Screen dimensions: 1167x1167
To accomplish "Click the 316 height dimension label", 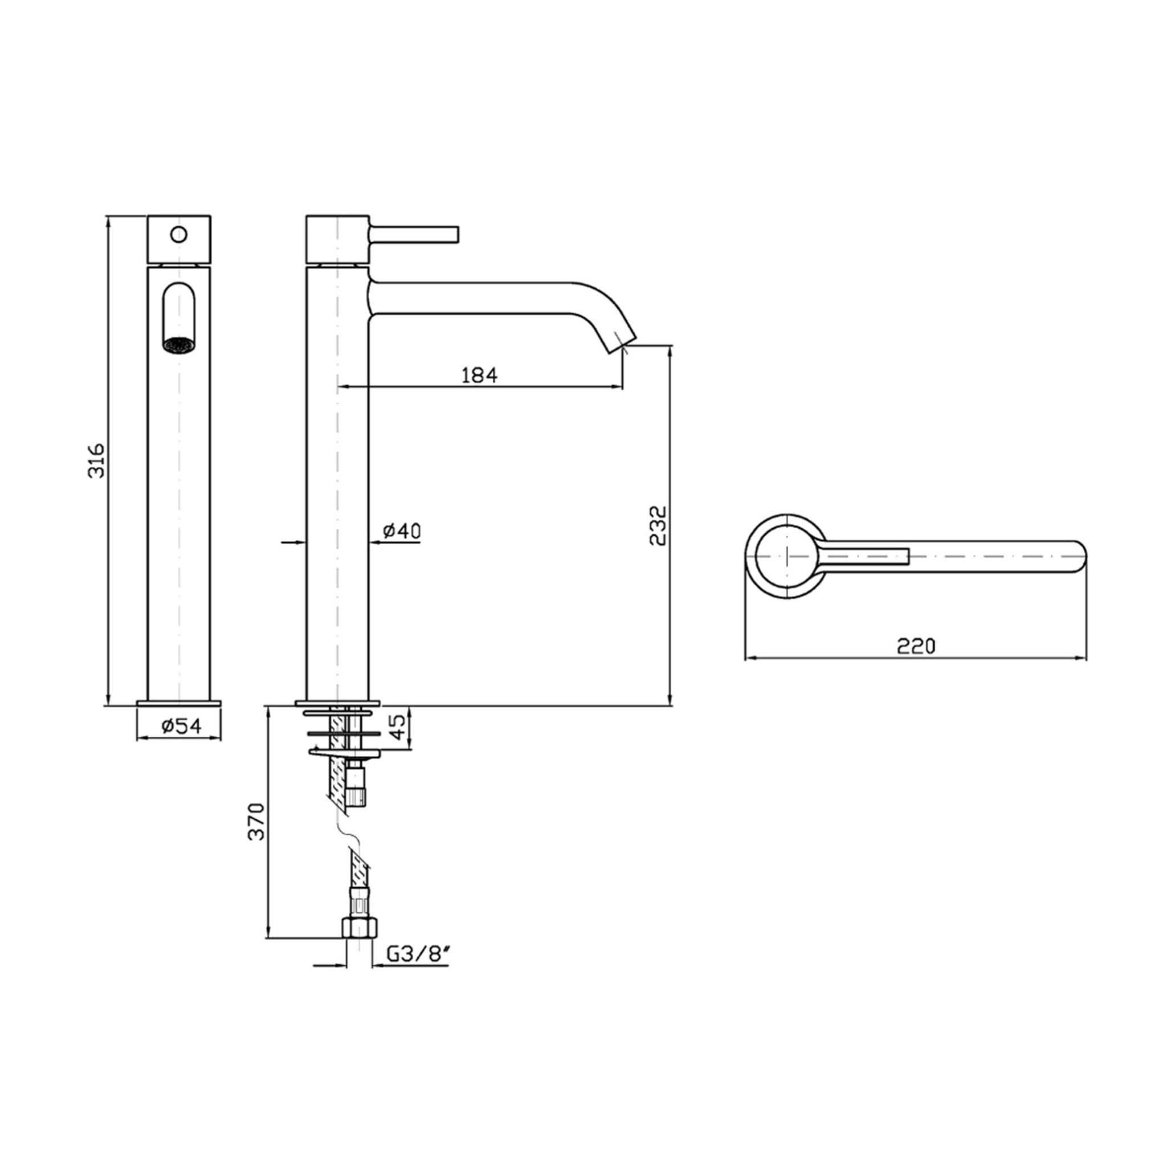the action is [x=97, y=461].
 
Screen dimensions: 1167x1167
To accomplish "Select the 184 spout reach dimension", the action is [x=480, y=375].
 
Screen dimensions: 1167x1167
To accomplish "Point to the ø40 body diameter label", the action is [x=402, y=531].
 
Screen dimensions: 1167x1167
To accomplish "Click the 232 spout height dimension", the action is [x=658, y=525].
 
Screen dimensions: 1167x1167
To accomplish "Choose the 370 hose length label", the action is [x=257, y=821].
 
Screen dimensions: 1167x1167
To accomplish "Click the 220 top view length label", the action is [x=916, y=646].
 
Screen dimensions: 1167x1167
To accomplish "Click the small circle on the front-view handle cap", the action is [x=179, y=233].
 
